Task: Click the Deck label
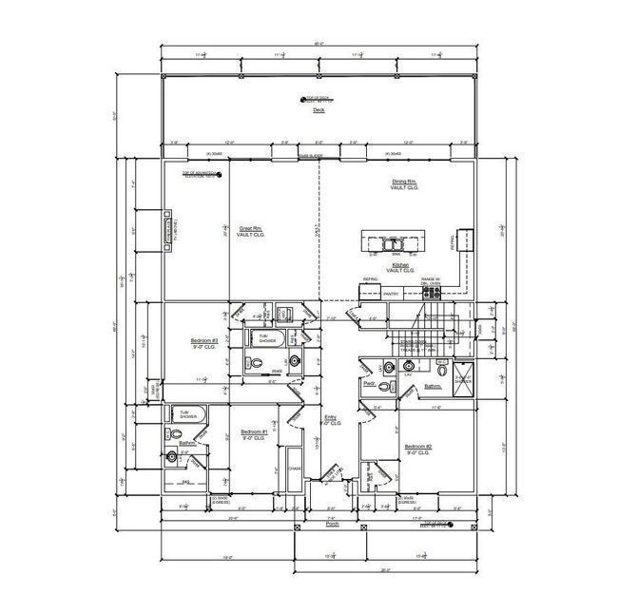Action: (x=318, y=110)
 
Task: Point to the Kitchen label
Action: (x=400, y=267)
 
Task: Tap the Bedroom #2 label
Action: (x=418, y=447)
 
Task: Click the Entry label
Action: (x=330, y=417)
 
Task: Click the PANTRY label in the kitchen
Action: (x=389, y=295)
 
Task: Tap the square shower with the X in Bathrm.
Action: (x=463, y=374)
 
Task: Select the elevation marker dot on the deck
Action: (x=299, y=98)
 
